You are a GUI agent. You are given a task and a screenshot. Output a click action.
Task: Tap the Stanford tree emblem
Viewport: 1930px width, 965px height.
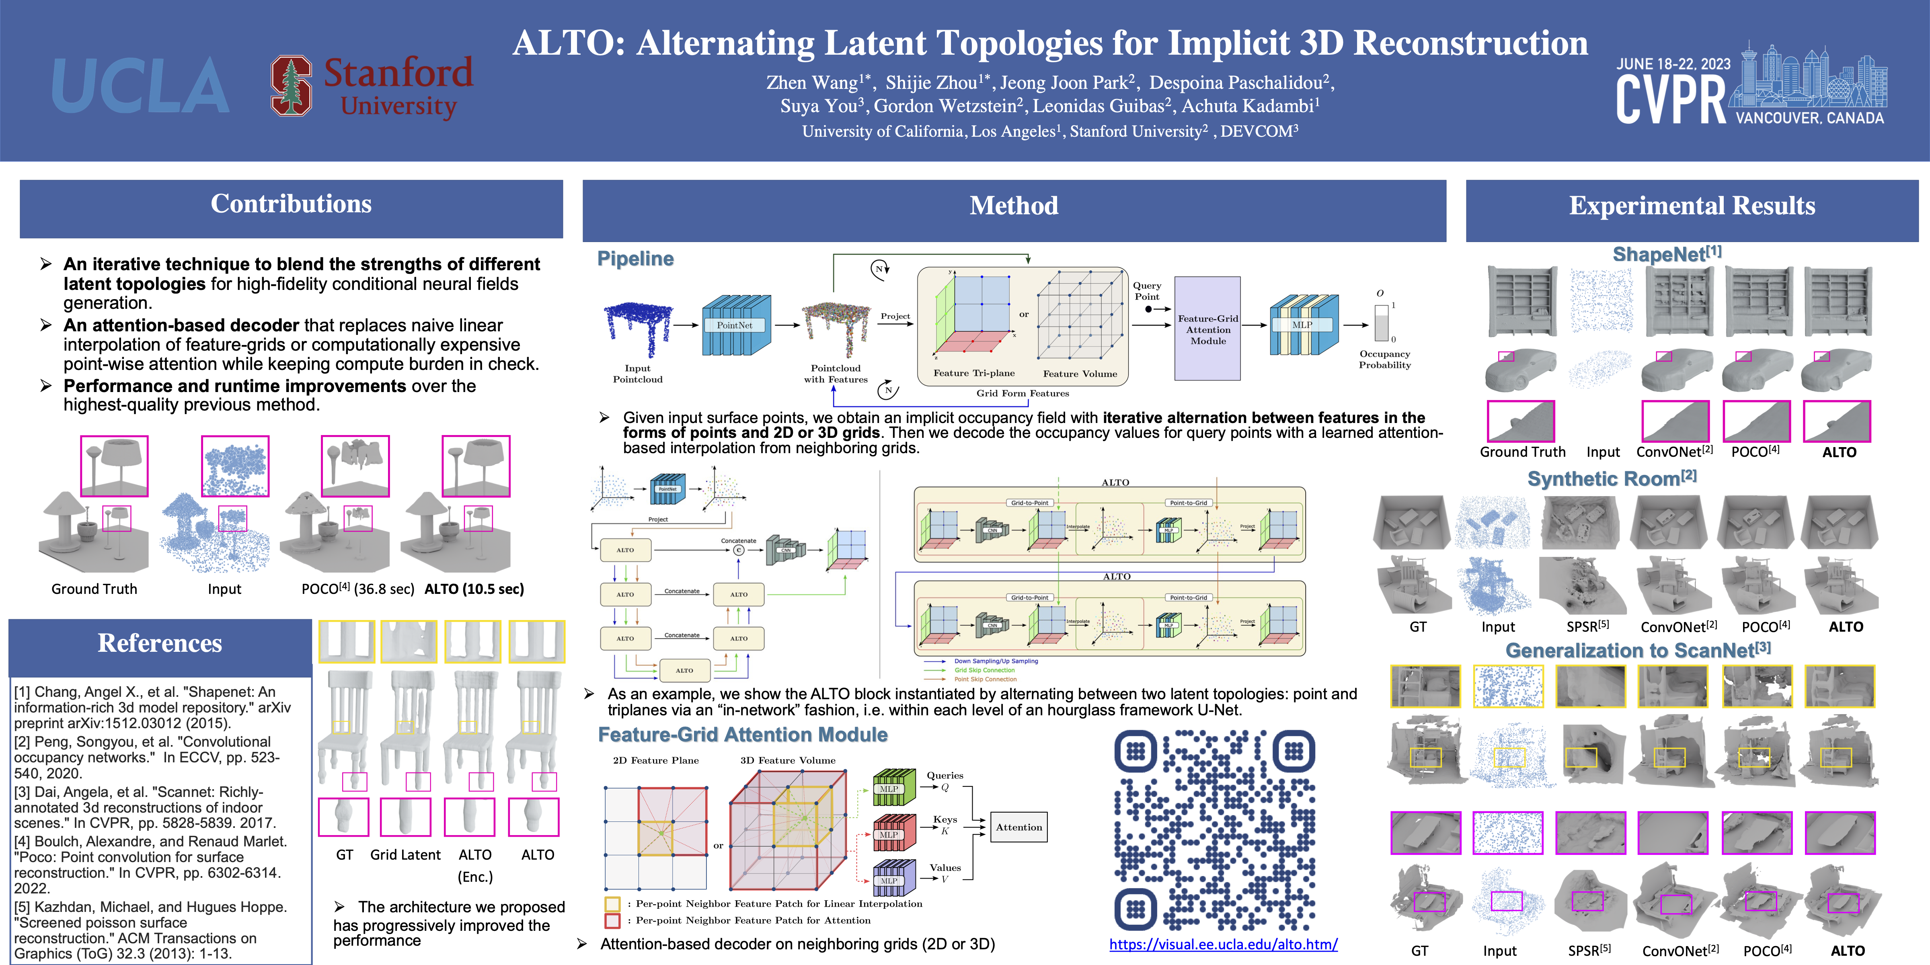point(291,86)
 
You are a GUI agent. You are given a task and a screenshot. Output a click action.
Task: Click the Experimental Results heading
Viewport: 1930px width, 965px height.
point(1692,206)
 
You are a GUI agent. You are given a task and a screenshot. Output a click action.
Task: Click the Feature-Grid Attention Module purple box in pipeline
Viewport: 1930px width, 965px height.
point(1207,329)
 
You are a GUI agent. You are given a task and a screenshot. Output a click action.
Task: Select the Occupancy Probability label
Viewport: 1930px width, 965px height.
point(1384,359)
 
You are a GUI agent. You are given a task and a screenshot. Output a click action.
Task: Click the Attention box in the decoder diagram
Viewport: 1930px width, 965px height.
point(1018,827)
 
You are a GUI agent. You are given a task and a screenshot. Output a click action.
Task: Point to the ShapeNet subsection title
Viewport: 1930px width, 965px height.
point(1666,255)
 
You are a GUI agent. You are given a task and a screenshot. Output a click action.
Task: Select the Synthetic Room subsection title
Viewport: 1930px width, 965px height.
point(1611,479)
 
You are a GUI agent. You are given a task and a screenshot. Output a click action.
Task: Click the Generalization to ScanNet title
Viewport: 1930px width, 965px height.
point(1638,650)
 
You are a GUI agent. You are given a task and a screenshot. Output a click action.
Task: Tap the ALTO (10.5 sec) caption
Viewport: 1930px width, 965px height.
point(474,589)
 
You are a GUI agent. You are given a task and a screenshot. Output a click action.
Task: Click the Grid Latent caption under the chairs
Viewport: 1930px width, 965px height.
point(405,855)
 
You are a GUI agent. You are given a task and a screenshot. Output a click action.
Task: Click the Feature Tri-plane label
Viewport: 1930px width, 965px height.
point(973,373)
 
